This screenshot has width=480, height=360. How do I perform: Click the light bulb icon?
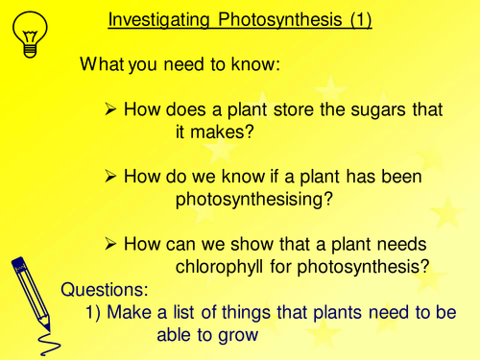click(x=29, y=36)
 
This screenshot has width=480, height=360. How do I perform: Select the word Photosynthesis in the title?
click(x=282, y=19)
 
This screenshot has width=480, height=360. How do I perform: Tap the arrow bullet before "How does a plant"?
click(x=109, y=110)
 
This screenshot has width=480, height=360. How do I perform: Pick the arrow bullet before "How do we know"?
click(x=109, y=178)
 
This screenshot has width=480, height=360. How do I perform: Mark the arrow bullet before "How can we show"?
click(x=109, y=244)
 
